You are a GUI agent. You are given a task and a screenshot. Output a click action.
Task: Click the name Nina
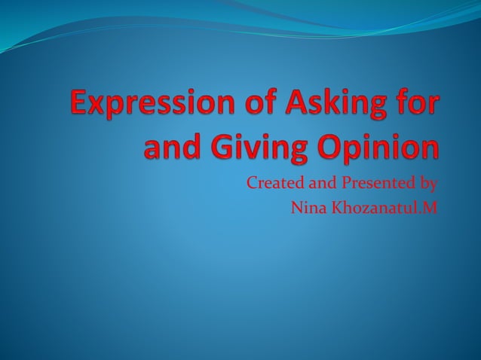(305, 207)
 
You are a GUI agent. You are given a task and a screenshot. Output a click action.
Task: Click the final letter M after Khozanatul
(430, 207)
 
